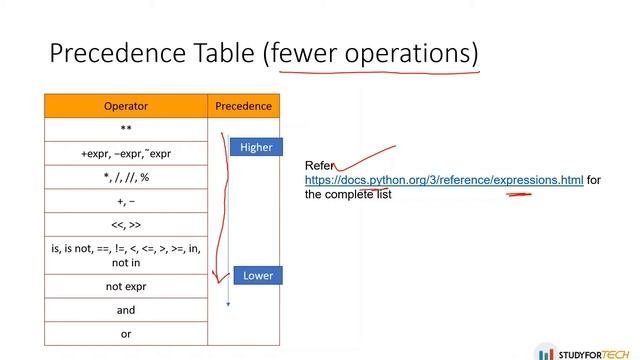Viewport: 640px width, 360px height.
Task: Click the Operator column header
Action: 126,105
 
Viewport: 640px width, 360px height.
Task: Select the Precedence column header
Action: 243,105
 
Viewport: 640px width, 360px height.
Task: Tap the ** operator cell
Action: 126,130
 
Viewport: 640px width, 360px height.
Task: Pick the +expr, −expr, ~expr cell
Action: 126,154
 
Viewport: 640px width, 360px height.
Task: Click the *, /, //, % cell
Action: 126,178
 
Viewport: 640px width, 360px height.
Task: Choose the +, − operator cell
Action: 126,202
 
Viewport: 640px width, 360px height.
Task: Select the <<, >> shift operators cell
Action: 126,226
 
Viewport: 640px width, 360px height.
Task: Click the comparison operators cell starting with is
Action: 126,255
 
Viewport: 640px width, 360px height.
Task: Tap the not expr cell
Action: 126,286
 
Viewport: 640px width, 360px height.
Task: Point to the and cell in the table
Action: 126,310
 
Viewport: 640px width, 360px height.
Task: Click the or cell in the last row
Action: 126,334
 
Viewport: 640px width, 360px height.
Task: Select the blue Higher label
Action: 257,147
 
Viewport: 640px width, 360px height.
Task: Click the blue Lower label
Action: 258,275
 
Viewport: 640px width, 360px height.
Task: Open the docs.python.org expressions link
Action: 444,180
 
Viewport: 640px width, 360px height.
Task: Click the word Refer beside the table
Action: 319,166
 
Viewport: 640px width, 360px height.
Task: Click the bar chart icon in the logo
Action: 546,352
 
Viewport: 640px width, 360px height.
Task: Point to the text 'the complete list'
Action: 348,195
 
